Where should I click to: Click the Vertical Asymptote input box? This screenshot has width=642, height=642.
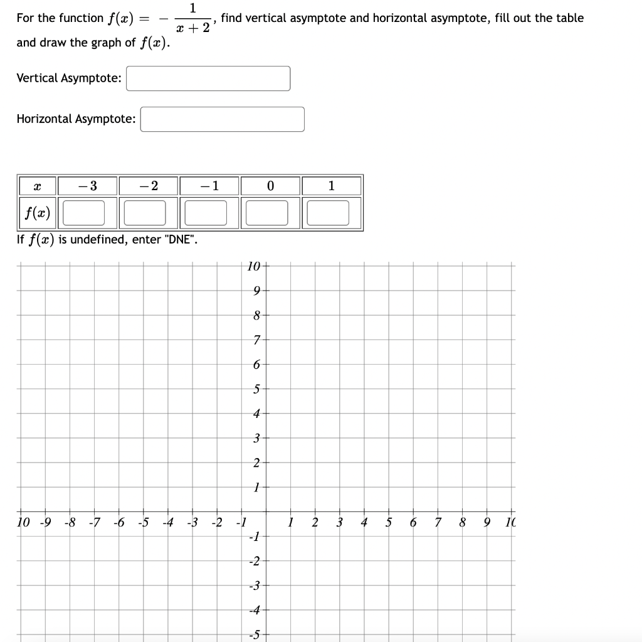(x=208, y=78)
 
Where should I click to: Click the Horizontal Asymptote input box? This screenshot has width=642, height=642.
(x=222, y=119)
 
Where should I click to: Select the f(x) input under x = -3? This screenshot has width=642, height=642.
(x=83, y=213)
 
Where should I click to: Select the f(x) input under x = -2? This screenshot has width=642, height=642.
(x=145, y=213)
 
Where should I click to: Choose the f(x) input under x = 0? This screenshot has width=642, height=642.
(x=267, y=213)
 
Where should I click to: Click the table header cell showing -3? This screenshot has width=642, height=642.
(x=87, y=186)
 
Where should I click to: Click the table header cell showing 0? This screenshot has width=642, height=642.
(x=270, y=186)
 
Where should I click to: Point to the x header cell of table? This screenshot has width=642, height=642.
(x=36, y=186)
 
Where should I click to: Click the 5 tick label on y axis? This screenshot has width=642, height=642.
(x=256, y=389)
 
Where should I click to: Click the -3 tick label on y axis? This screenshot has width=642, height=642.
(x=254, y=586)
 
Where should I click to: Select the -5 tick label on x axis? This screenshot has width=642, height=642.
(x=144, y=523)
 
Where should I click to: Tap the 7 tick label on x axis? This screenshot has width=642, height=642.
(x=438, y=523)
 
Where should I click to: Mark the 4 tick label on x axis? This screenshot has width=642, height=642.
(x=364, y=523)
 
